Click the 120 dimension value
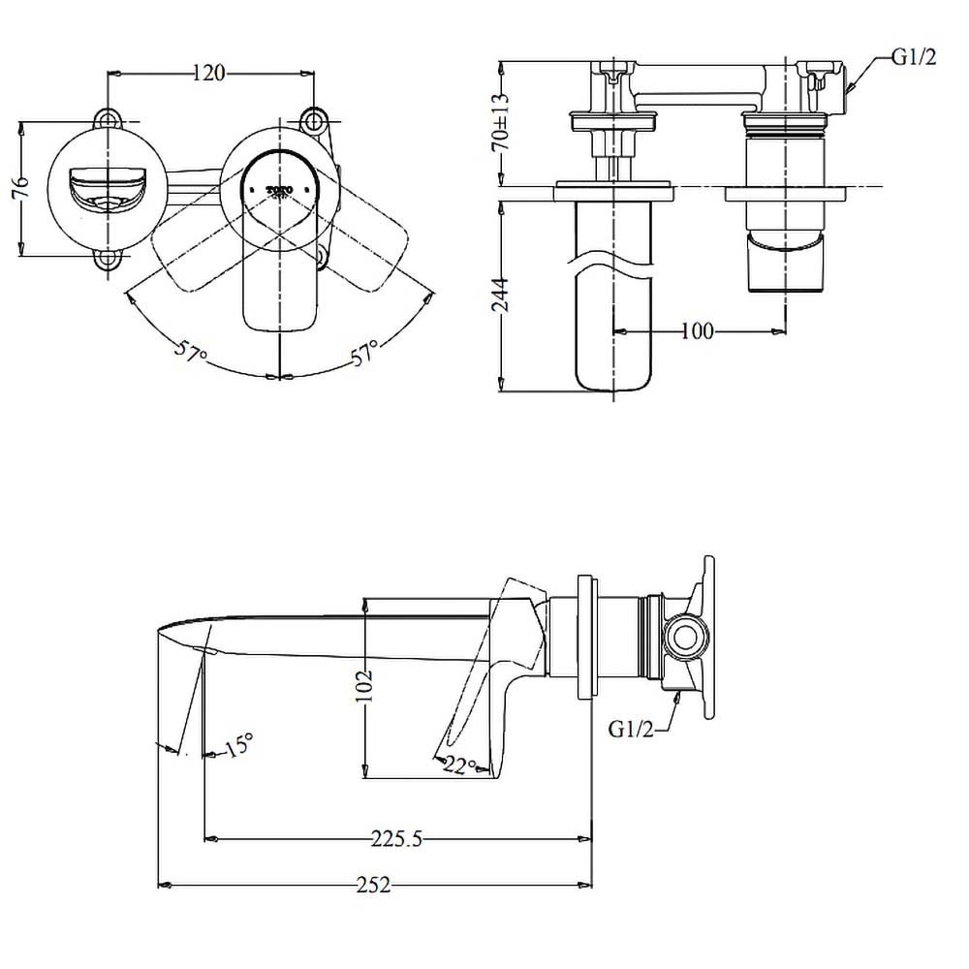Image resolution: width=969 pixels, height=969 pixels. pos(209,73)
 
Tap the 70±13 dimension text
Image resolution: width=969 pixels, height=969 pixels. pos(500,122)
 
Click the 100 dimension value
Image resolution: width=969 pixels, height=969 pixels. pos(697,331)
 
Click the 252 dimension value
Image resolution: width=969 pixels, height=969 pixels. pos(372,885)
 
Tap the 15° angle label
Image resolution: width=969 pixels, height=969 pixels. pos(237,745)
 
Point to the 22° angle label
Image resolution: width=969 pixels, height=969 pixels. pos(460,766)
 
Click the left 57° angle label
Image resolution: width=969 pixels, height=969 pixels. pos(190,352)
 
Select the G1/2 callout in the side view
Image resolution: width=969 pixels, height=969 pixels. pos(632,729)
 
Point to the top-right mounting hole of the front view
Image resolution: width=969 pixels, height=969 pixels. pos(314,120)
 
